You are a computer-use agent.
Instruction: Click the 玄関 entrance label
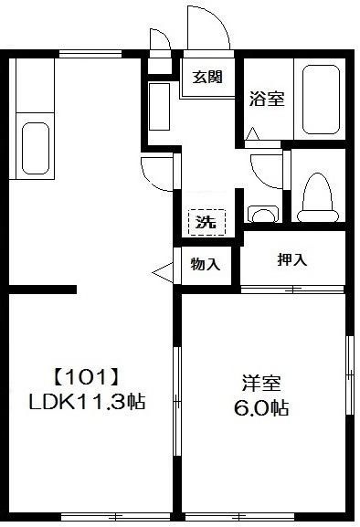point(206,78)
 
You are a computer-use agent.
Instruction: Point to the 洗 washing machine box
point(206,220)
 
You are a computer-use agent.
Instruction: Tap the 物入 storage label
point(206,265)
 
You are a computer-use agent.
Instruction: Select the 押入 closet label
point(292,259)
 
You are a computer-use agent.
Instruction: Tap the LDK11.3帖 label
point(91,401)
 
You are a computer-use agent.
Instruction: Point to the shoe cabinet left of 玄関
point(158,108)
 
